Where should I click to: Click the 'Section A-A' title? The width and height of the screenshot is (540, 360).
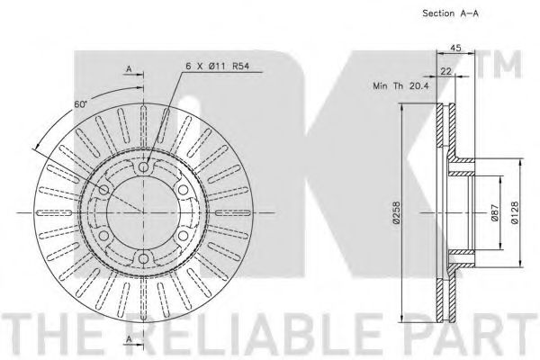(x=451, y=13)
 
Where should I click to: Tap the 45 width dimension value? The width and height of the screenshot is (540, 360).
(x=455, y=48)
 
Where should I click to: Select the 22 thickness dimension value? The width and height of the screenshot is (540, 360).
(x=446, y=71)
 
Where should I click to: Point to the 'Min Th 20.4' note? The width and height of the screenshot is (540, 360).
(x=400, y=85)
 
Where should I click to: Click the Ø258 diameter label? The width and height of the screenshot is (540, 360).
(x=396, y=213)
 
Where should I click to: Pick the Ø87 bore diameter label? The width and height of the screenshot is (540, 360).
(x=495, y=213)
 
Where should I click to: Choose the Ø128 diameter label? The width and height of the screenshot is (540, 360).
(x=515, y=213)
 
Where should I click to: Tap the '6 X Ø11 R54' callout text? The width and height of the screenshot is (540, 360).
(x=217, y=66)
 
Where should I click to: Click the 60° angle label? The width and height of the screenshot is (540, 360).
(x=81, y=104)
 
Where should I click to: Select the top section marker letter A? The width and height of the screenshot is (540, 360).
(x=129, y=69)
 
